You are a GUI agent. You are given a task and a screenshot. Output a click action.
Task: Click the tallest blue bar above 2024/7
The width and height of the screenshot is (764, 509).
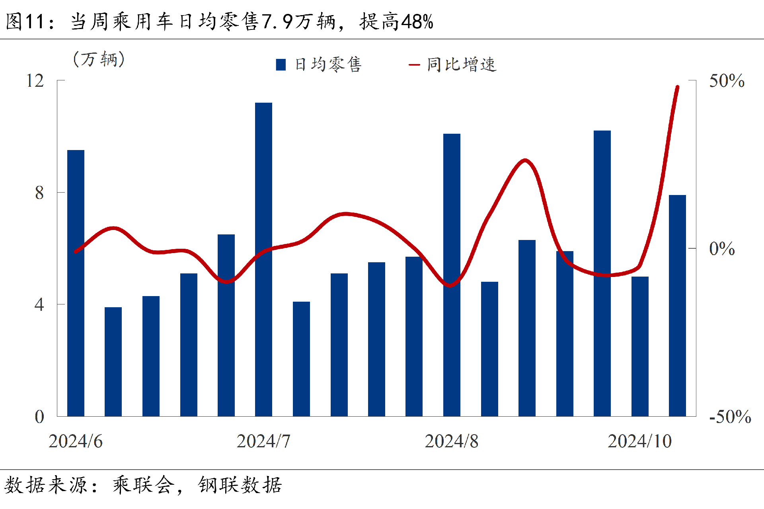point(263,259)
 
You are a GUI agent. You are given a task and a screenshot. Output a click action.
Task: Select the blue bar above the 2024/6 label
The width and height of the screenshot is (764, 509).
point(76,283)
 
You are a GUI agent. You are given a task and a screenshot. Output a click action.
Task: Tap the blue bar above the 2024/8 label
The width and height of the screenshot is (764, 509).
point(452,275)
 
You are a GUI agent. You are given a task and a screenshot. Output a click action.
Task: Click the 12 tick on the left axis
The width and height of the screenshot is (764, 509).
point(35,81)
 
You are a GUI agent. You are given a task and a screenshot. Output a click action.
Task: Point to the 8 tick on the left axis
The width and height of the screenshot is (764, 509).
point(39,193)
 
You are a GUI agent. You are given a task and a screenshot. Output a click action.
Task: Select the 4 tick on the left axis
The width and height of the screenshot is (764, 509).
point(39,305)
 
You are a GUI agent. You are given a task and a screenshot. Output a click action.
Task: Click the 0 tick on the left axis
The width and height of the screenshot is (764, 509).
point(39,417)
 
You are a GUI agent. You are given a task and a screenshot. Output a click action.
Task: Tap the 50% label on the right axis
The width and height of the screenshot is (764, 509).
point(727,81)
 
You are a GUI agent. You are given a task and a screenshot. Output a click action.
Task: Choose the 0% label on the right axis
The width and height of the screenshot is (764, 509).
point(722,249)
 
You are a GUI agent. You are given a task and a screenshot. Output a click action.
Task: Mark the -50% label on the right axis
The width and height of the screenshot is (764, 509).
point(730,417)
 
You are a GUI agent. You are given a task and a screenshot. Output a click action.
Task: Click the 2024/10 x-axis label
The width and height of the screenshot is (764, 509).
point(639,441)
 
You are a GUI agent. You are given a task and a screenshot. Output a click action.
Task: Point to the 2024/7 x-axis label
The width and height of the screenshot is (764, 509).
point(263,441)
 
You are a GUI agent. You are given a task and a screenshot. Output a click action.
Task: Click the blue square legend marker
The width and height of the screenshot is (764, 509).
point(281,64)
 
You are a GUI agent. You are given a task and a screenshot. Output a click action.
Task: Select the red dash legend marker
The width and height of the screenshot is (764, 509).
point(414,64)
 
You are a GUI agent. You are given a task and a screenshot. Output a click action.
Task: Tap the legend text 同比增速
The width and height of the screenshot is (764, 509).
point(462,64)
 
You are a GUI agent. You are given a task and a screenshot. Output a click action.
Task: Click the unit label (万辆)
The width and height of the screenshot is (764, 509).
point(99,59)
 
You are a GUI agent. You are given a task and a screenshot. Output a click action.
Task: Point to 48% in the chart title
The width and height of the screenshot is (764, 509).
point(417,22)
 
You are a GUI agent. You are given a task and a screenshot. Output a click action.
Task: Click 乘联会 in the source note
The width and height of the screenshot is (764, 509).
point(143,485)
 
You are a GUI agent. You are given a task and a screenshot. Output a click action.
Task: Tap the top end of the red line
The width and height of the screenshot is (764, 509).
point(677,87)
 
